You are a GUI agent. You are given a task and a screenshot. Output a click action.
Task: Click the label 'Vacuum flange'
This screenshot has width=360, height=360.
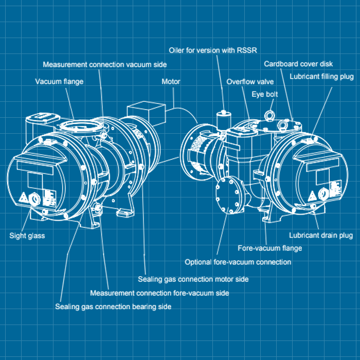click(59, 82)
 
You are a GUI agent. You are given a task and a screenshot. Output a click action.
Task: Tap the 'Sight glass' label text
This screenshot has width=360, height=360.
click(27, 236)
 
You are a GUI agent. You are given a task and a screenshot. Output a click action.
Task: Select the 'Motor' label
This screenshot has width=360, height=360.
click(171, 81)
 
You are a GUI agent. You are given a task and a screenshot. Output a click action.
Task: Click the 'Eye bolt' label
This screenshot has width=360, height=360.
click(265, 94)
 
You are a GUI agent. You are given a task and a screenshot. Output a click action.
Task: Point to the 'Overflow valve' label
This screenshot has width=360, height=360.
click(250, 82)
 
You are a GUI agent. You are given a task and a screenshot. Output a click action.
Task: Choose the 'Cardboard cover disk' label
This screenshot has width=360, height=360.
click(298, 64)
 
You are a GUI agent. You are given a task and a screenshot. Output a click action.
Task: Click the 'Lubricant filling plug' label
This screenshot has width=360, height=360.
click(321, 77)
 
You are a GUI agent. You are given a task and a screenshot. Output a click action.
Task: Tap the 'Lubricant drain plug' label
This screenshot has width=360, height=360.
click(321, 236)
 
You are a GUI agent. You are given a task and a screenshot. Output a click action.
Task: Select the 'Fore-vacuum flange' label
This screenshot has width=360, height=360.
click(270, 248)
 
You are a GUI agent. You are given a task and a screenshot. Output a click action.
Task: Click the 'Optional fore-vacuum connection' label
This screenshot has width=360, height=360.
click(238, 262)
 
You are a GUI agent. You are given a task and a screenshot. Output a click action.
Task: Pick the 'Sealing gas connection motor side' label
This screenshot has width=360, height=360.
click(193, 279)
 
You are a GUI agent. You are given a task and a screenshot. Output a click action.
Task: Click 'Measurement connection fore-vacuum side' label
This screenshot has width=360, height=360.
click(159, 293)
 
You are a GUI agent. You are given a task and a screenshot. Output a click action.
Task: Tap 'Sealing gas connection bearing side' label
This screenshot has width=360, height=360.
click(113, 307)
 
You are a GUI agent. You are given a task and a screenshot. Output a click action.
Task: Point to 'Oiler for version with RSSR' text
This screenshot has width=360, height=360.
click(213, 50)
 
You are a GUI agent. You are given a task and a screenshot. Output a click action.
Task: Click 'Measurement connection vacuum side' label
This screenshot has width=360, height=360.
click(105, 64)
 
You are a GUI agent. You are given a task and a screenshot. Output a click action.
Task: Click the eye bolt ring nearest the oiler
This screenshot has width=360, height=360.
click(268, 115)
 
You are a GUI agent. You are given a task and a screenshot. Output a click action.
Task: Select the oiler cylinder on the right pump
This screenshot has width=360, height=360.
click(223, 121)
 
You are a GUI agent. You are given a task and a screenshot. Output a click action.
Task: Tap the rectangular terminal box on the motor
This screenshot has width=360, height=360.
click(146, 113)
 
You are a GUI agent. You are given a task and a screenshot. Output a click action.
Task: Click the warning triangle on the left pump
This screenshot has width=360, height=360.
click(24, 197)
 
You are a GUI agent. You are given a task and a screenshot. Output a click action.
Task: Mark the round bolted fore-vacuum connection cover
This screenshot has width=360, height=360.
click(229, 195)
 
